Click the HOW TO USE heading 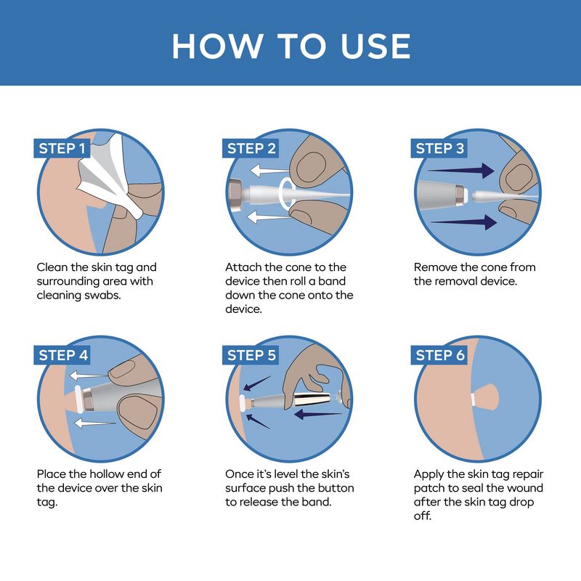[x=291, y=46]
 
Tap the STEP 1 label [x=62, y=149]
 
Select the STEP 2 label [x=251, y=149]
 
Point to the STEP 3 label [x=439, y=149]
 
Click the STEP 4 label [x=62, y=355]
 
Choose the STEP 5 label [x=251, y=355]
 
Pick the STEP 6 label [x=439, y=355]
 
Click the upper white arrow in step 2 [x=269, y=171]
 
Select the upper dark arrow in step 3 [x=461, y=171]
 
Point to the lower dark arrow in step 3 [x=463, y=222]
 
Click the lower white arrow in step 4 [x=95, y=423]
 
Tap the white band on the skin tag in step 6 [x=474, y=399]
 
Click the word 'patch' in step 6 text [x=429, y=489]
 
